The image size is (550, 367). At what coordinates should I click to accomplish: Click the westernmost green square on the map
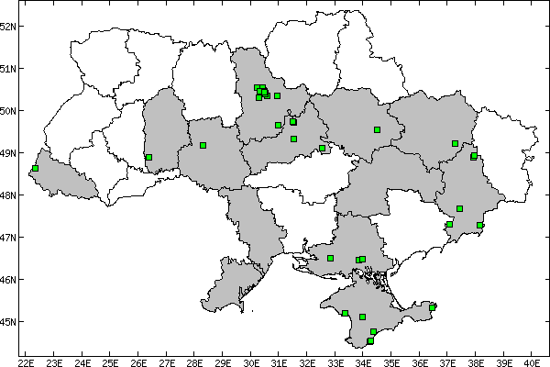[x=35, y=169]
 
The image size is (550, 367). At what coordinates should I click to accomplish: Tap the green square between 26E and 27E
[x=148, y=157]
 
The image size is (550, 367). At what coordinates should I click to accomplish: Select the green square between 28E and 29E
[x=203, y=145]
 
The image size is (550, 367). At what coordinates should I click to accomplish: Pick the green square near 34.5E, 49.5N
[x=377, y=129]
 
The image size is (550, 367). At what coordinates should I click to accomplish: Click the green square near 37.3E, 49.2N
[x=455, y=143]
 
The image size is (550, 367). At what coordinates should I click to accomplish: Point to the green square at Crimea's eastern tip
[x=433, y=307]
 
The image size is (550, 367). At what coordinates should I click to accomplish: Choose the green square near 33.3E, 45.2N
[x=345, y=313]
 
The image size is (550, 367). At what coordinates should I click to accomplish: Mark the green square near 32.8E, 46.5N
[x=330, y=258]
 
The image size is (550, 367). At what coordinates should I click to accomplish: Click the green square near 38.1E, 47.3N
[x=479, y=225]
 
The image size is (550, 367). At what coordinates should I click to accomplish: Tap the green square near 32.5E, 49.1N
[x=323, y=148]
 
